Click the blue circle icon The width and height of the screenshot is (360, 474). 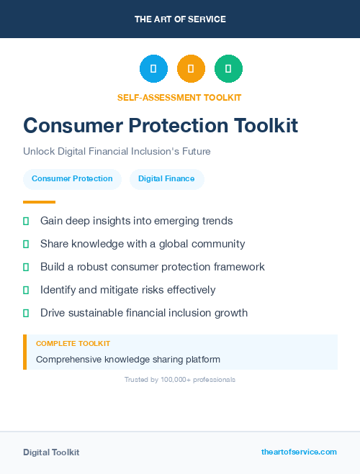153,68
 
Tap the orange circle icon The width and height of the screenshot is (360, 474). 191,68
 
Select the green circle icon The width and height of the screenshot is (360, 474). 228,68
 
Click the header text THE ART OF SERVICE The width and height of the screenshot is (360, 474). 180,19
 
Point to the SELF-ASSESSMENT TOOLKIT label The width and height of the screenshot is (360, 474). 179,97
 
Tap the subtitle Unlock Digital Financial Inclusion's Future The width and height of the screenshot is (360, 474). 117,152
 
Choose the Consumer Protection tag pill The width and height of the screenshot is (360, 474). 72,178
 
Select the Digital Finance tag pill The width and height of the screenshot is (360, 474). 166,178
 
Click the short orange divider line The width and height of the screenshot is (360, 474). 39,202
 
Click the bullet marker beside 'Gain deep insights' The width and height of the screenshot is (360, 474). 26,221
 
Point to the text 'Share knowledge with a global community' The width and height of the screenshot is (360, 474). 143,244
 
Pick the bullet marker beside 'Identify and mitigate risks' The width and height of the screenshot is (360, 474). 26,290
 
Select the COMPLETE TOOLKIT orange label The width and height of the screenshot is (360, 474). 73,344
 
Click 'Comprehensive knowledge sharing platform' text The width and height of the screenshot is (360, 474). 128,359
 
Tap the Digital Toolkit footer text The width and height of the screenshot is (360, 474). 51,452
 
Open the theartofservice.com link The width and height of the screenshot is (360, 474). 299,452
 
